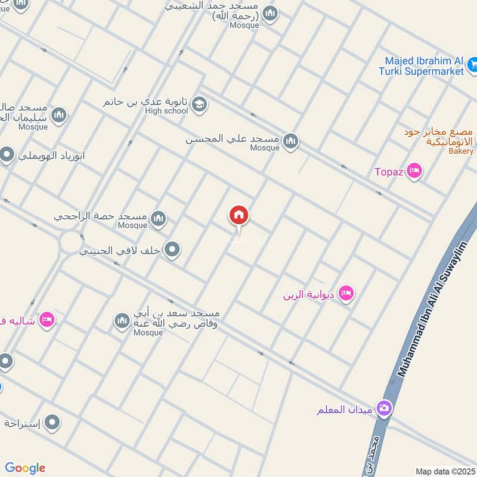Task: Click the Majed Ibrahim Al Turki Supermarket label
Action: pos(424,66)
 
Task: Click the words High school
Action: pos(166,111)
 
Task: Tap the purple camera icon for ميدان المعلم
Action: pos(385,408)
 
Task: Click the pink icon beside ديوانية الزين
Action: pos(346,293)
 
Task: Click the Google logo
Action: pos(24,468)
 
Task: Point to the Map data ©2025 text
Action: pos(445,471)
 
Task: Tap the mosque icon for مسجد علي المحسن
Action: pos(290,141)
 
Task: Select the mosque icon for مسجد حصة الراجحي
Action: pos(158,219)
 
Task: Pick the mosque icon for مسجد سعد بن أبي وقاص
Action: pos(122,322)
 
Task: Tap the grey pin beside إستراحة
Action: pos(52,423)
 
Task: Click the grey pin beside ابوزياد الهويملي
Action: pos(7,156)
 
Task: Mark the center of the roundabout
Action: pos(70,241)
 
